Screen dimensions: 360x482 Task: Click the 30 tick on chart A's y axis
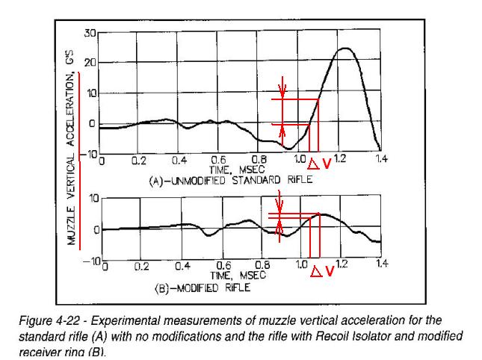(x=90, y=34)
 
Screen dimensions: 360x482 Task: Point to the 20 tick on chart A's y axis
(x=90, y=63)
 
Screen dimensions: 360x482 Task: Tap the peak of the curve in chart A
(x=344, y=49)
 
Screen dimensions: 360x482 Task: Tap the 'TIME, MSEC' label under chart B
(x=244, y=276)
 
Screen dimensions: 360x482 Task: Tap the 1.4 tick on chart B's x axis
(x=381, y=264)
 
